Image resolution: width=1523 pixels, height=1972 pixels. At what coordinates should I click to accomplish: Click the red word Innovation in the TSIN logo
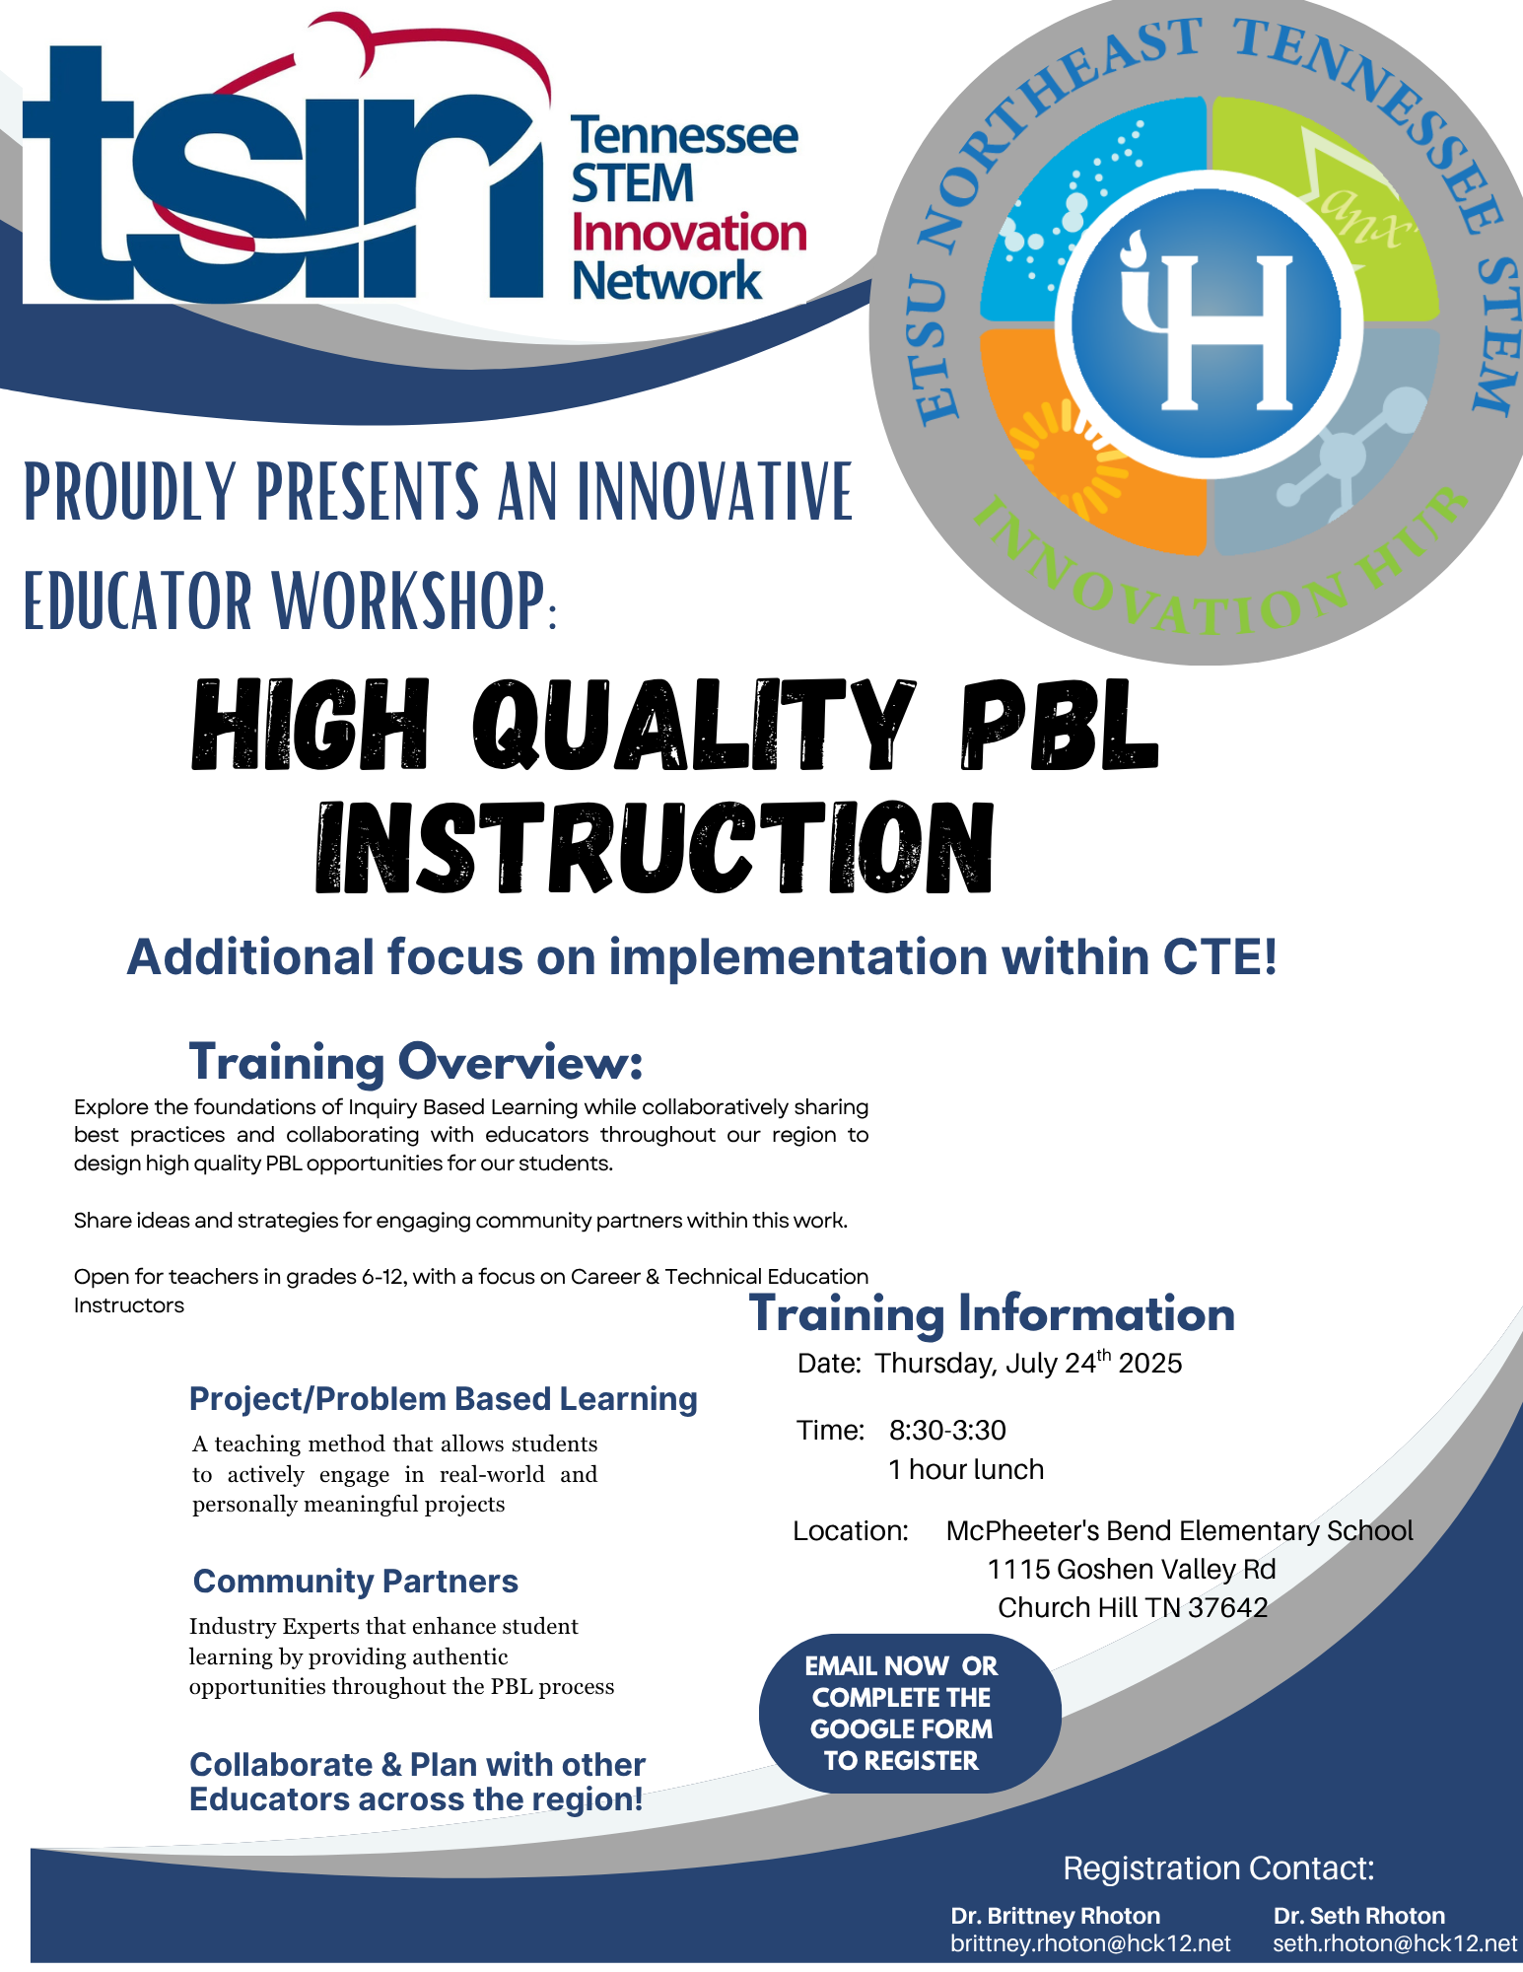tap(688, 234)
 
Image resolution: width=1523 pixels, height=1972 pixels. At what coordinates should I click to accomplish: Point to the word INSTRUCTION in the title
tap(654, 848)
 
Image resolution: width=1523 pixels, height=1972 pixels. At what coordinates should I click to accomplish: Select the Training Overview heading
tap(415, 1062)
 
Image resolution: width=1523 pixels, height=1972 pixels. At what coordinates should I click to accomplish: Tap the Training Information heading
tap(992, 1313)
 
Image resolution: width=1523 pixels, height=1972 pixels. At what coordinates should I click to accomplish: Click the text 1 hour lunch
tap(965, 1470)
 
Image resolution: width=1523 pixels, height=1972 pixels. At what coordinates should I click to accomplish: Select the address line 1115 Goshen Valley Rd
tap(1131, 1569)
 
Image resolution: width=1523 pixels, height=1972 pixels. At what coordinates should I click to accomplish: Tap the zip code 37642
tap(1227, 1608)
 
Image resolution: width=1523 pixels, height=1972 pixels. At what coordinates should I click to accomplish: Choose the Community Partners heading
tap(355, 1582)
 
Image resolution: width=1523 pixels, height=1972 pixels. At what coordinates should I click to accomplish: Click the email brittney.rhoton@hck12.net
tap(1090, 1943)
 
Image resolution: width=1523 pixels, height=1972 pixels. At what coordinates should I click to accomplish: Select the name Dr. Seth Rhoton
tap(1358, 1916)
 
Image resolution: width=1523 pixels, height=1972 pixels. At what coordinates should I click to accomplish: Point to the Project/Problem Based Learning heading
tap(443, 1399)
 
